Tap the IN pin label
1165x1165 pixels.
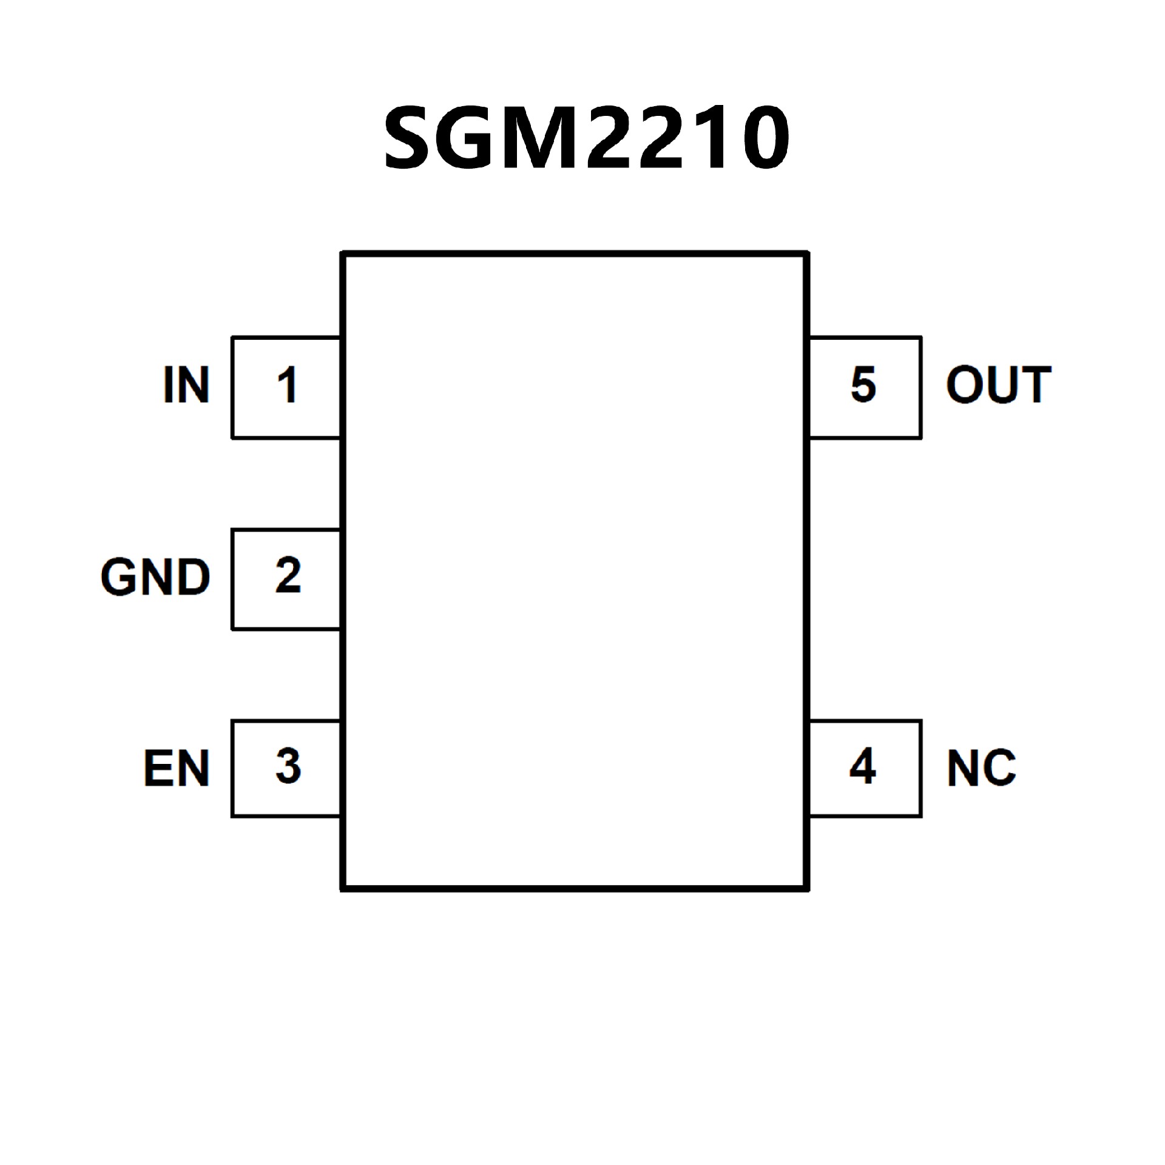[x=186, y=385]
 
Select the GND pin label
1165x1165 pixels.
[x=155, y=576]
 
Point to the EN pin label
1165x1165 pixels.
[x=177, y=768]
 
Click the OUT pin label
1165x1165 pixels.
[x=998, y=385]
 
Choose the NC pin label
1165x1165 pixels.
[x=981, y=768]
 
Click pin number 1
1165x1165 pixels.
[x=287, y=385]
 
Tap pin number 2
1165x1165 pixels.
[x=288, y=575]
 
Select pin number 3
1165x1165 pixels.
[x=288, y=766]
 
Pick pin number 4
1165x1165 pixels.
[x=863, y=766]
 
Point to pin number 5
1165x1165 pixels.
[x=863, y=385]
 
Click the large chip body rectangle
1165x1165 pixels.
[x=575, y=570]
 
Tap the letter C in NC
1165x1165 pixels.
[x=999, y=768]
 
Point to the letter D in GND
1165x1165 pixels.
[x=193, y=576]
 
